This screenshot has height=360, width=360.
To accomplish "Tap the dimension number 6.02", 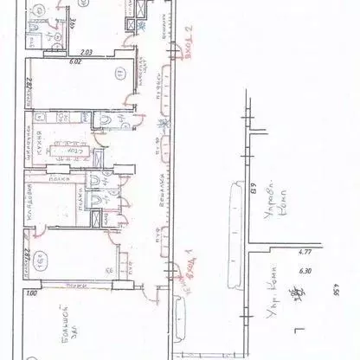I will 74,61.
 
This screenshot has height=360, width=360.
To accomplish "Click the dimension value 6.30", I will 305,269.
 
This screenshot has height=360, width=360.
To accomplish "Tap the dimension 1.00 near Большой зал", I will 33,295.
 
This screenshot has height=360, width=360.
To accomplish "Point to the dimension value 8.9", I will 253,184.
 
